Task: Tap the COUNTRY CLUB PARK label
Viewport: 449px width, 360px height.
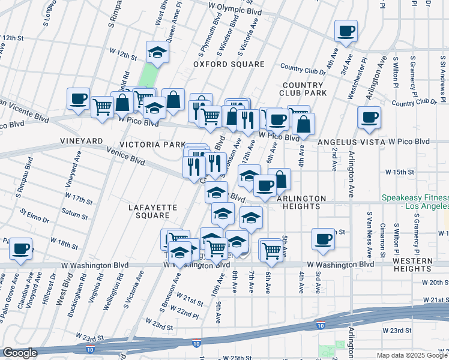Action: tap(303, 89)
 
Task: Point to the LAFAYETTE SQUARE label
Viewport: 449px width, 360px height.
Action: tap(153, 211)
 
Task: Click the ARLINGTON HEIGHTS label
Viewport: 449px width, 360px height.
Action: tap(301, 202)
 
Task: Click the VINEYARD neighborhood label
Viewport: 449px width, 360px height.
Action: tap(82, 140)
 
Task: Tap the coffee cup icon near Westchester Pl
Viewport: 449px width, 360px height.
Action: tap(346, 31)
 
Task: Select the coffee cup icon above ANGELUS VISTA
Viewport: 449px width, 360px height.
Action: tap(369, 117)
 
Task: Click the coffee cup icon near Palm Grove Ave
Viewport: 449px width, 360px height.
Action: tap(20, 249)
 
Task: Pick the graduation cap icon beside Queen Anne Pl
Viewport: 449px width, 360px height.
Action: tap(157, 52)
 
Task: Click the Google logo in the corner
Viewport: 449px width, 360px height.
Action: tap(19, 353)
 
